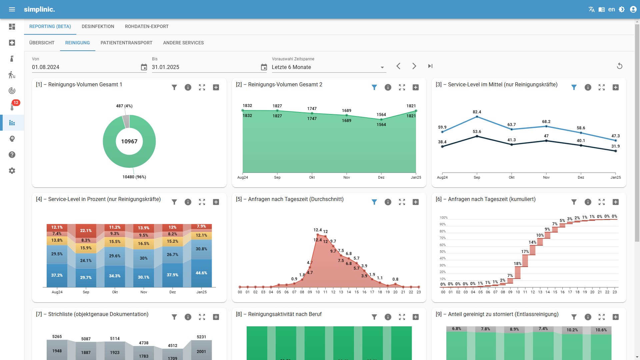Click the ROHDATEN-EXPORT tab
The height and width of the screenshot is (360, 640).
pyautogui.click(x=147, y=26)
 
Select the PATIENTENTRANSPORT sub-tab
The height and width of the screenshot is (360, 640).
pyautogui.click(x=126, y=43)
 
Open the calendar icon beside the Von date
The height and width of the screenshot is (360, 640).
pyautogui.click(x=144, y=67)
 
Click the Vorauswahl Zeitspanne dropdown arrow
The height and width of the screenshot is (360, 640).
pyautogui.click(x=382, y=67)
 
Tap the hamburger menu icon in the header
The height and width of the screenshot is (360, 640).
pyautogui.click(x=12, y=9)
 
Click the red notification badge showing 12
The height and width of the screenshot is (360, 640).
pyautogui.click(x=16, y=103)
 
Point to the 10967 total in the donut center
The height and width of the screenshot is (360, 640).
pyautogui.click(x=129, y=141)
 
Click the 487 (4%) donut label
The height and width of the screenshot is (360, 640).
pyautogui.click(x=124, y=106)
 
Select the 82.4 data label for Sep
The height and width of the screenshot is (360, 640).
pyautogui.click(x=477, y=112)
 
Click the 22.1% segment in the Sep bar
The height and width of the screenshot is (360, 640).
pyautogui.click(x=86, y=230)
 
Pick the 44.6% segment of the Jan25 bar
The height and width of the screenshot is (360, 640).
pyautogui.click(x=201, y=273)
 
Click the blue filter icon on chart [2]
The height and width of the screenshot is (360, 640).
pyautogui.click(x=374, y=87)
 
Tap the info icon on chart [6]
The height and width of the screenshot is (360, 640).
pyautogui.click(x=588, y=202)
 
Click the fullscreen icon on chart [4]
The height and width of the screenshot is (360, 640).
pyautogui.click(x=202, y=202)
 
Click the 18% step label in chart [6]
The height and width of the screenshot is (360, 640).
pyautogui.click(x=517, y=263)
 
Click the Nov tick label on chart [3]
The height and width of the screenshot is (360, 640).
pyautogui.click(x=546, y=177)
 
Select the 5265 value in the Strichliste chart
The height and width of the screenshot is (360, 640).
pyautogui.click(x=57, y=337)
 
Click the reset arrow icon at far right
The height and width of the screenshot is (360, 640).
pyautogui.click(x=619, y=66)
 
